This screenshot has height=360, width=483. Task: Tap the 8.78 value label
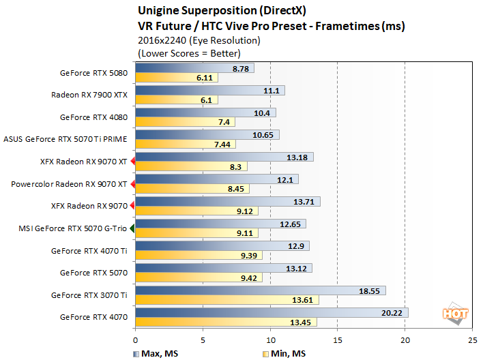click(x=241, y=68)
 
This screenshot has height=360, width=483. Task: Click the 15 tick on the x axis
click(x=338, y=339)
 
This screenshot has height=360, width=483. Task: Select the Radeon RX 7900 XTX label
click(x=89, y=95)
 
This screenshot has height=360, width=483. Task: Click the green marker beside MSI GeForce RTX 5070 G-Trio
click(x=132, y=228)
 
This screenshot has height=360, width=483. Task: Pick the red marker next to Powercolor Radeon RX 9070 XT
click(x=132, y=184)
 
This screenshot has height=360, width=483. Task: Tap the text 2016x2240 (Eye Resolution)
click(x=189, y=40)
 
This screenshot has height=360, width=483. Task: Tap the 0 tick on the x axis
click(x=136, y=339)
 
